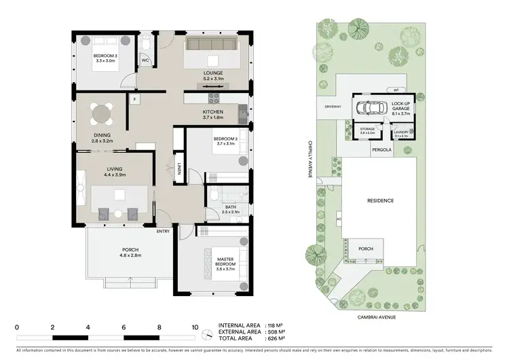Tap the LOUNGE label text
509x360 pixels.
(213, 73)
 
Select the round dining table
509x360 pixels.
(104, 112)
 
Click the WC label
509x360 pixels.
(145, 60)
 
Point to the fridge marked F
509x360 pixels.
(135, 100)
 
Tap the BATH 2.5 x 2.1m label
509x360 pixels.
(231, 209)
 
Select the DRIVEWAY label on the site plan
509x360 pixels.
(333, 107)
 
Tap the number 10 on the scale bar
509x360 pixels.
(195, 327)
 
